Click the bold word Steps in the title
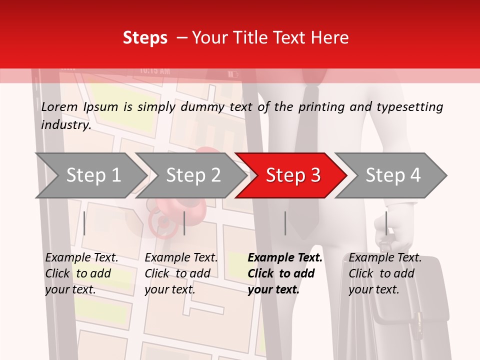tap(145, 38)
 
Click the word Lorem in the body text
tap(59, 107)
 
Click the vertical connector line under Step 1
tap(84, 223)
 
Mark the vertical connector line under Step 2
tap(184, 223)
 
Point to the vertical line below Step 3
tap(285, 223)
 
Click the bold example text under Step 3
tap(284, 273)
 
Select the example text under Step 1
tap(81, 273)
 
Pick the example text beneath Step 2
tap(180, 273)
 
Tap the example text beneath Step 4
tap(384, 273)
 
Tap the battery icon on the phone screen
tap(233, 74)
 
